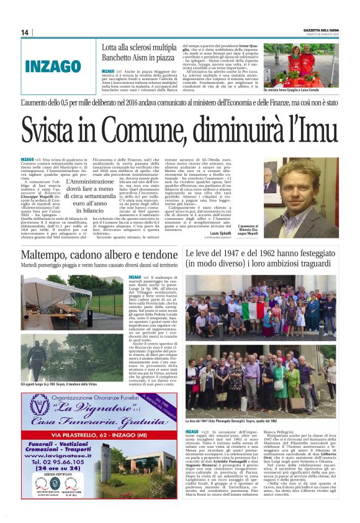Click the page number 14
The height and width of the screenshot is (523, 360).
[25, 32]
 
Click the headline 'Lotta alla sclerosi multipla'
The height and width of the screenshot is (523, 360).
[140, 47]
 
